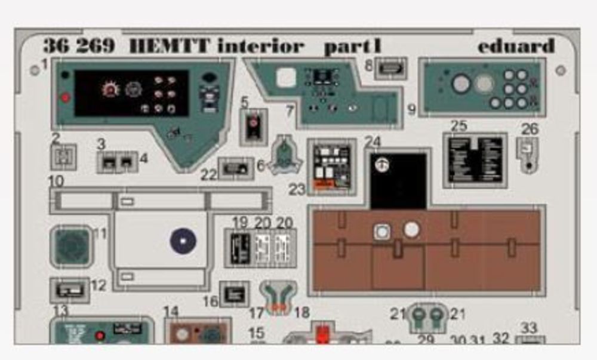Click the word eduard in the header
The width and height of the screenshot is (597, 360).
point(516,46)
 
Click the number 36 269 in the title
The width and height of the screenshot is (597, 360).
point(78,46)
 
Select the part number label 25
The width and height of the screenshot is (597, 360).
point(458,126)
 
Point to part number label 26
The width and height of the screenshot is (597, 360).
point(530,128)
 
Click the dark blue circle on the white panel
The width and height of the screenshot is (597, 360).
point(183,241)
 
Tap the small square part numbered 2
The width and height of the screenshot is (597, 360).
point(63,157)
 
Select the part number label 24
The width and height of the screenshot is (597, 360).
point(373,142)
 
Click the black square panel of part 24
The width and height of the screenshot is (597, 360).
point(398,179)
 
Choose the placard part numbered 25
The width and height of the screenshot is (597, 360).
point(475,159)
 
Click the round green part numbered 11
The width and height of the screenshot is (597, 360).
point(71,246)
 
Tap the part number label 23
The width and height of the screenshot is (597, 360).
point(297,189)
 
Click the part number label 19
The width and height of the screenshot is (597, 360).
point(240,223)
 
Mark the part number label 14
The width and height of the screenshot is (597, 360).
point(171,311)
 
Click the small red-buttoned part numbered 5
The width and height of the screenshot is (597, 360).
point(254,126)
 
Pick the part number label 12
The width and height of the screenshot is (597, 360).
point(99,285)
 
